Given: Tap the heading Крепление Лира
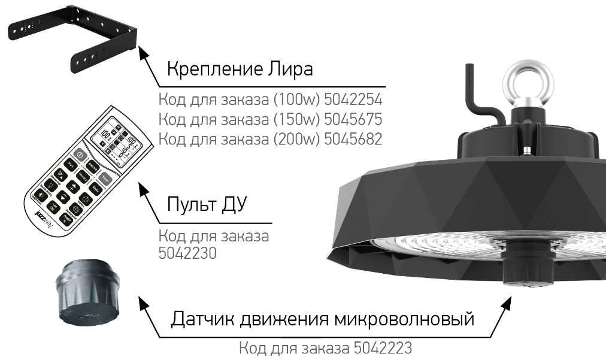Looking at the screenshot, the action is pos(240,69).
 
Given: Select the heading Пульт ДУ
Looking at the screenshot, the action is pos(207,205).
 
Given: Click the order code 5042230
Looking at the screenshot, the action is pos(187,253).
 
